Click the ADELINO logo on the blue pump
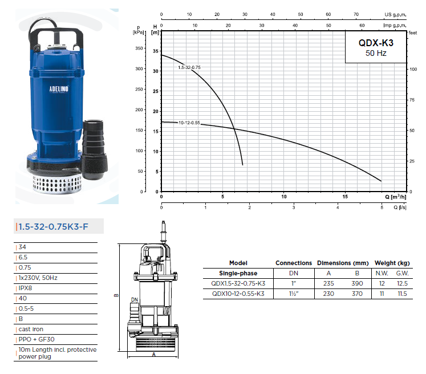click(x=59, y=89)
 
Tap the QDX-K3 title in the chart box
click(x=376, y=43)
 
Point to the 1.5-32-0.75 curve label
click(x=189, y=67)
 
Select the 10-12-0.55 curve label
click(x=189, y=123)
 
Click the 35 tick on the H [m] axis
click(x=156, y=51)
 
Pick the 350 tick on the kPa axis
click(x=139, y=48)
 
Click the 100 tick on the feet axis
click(x=413, y=69)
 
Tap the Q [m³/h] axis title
click(x=396, y=197)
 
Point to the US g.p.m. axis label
click(x=395, y=14)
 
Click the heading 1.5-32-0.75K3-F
click(x=53, y=226)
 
